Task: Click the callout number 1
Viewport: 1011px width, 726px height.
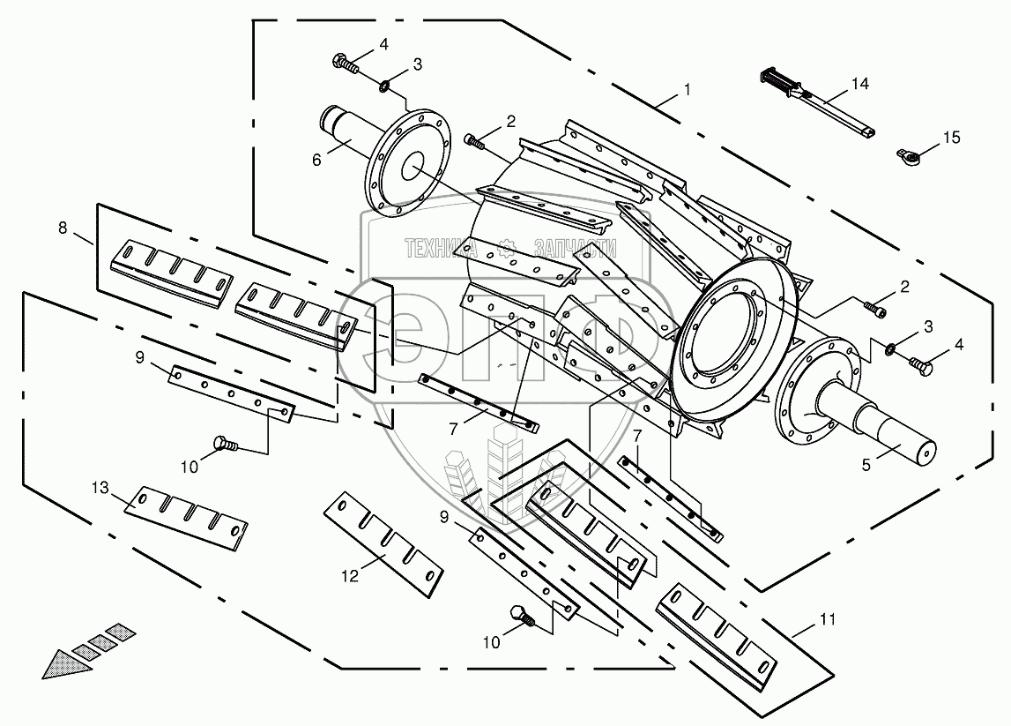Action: [x=687, y=89]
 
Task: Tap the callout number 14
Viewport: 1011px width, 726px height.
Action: [x=859, y=85]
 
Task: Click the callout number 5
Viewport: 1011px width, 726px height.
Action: [x=866, y=462]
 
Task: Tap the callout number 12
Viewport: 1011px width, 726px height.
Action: [x=351, y=575]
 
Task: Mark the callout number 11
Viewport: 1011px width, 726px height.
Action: [x=826, y=620]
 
